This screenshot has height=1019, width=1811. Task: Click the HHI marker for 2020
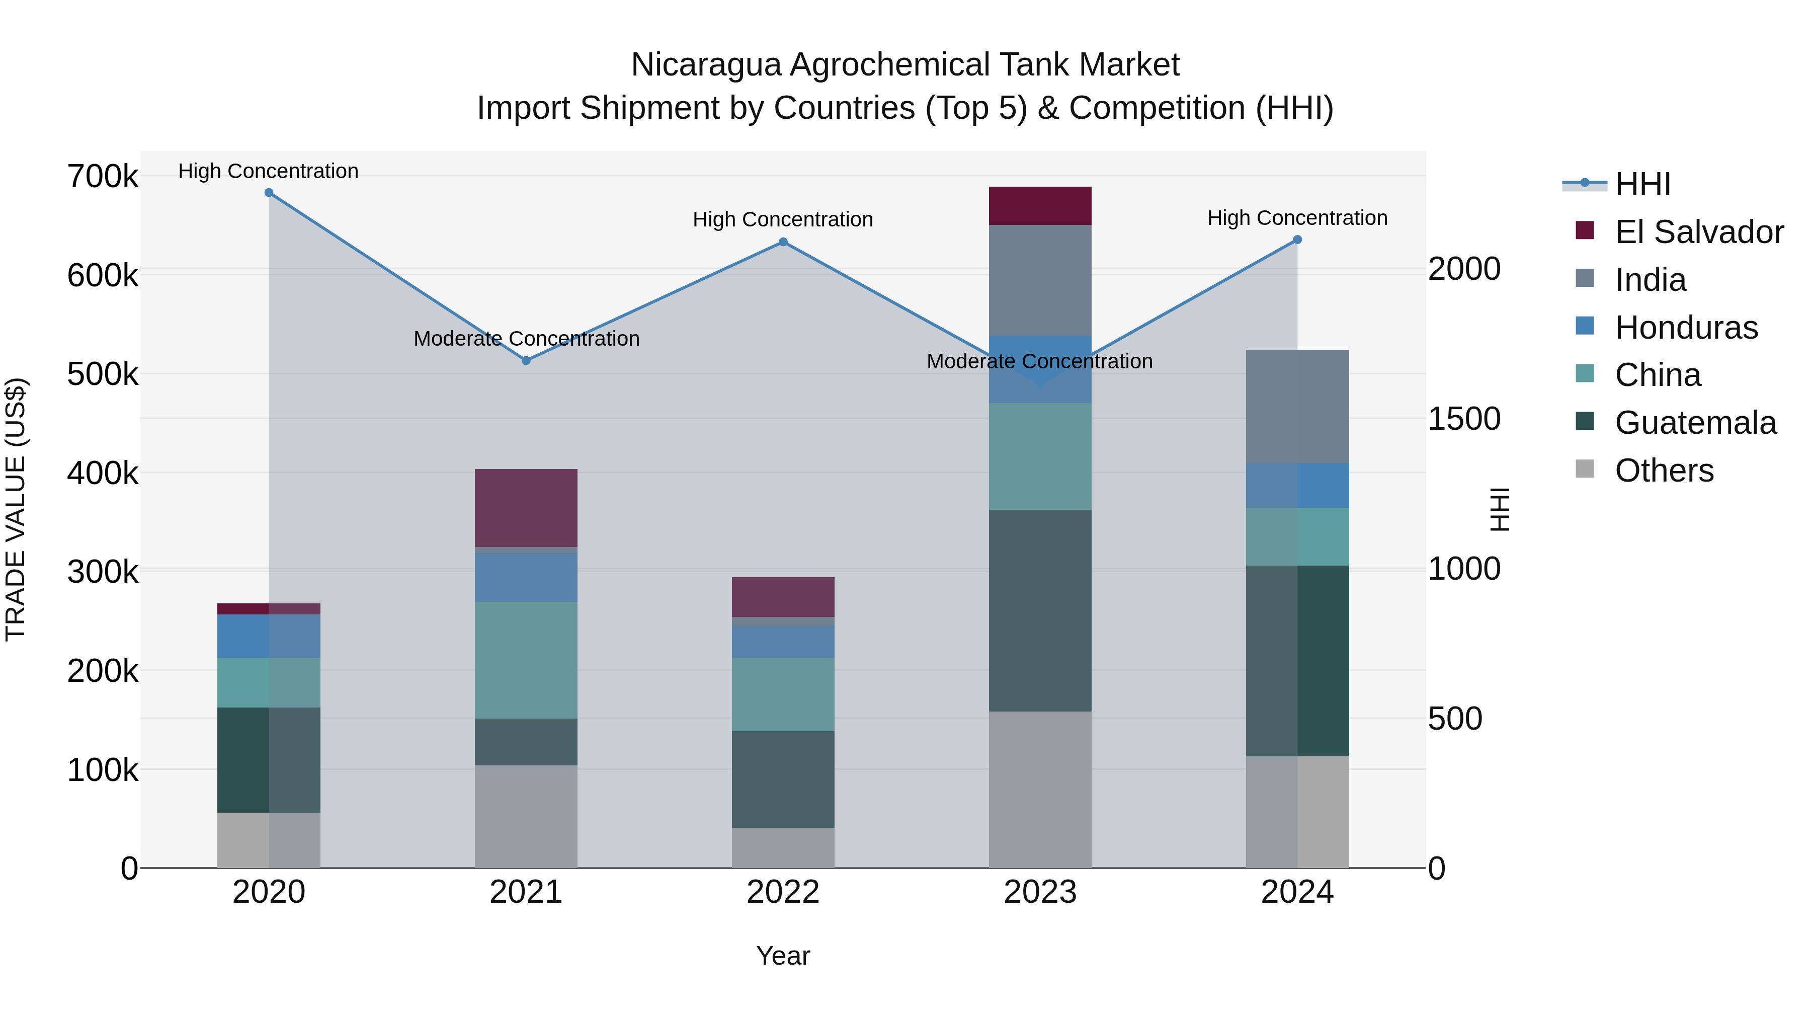[x=269, y=193]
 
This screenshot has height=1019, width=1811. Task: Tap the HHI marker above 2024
[x=1297, y=240]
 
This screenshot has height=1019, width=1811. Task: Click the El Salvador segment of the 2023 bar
[x=1040, y=206]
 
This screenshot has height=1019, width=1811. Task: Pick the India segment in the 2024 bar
[x=1297, y=407]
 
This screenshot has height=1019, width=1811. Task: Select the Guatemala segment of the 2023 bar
[x=1040, y=610]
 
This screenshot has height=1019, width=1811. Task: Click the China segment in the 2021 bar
[x=526, y=660]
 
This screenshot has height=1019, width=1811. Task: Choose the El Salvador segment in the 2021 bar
[x=526, y=508]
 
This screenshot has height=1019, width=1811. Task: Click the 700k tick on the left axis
[x=103, y=177]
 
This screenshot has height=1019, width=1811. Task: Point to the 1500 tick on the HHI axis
[x=1464, y=419]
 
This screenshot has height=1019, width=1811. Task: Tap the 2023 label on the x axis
[x=1040, y=892]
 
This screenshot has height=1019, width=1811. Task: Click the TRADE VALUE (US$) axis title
[x=16, y=509]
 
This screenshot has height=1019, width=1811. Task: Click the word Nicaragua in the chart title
[x=705, y=65]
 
